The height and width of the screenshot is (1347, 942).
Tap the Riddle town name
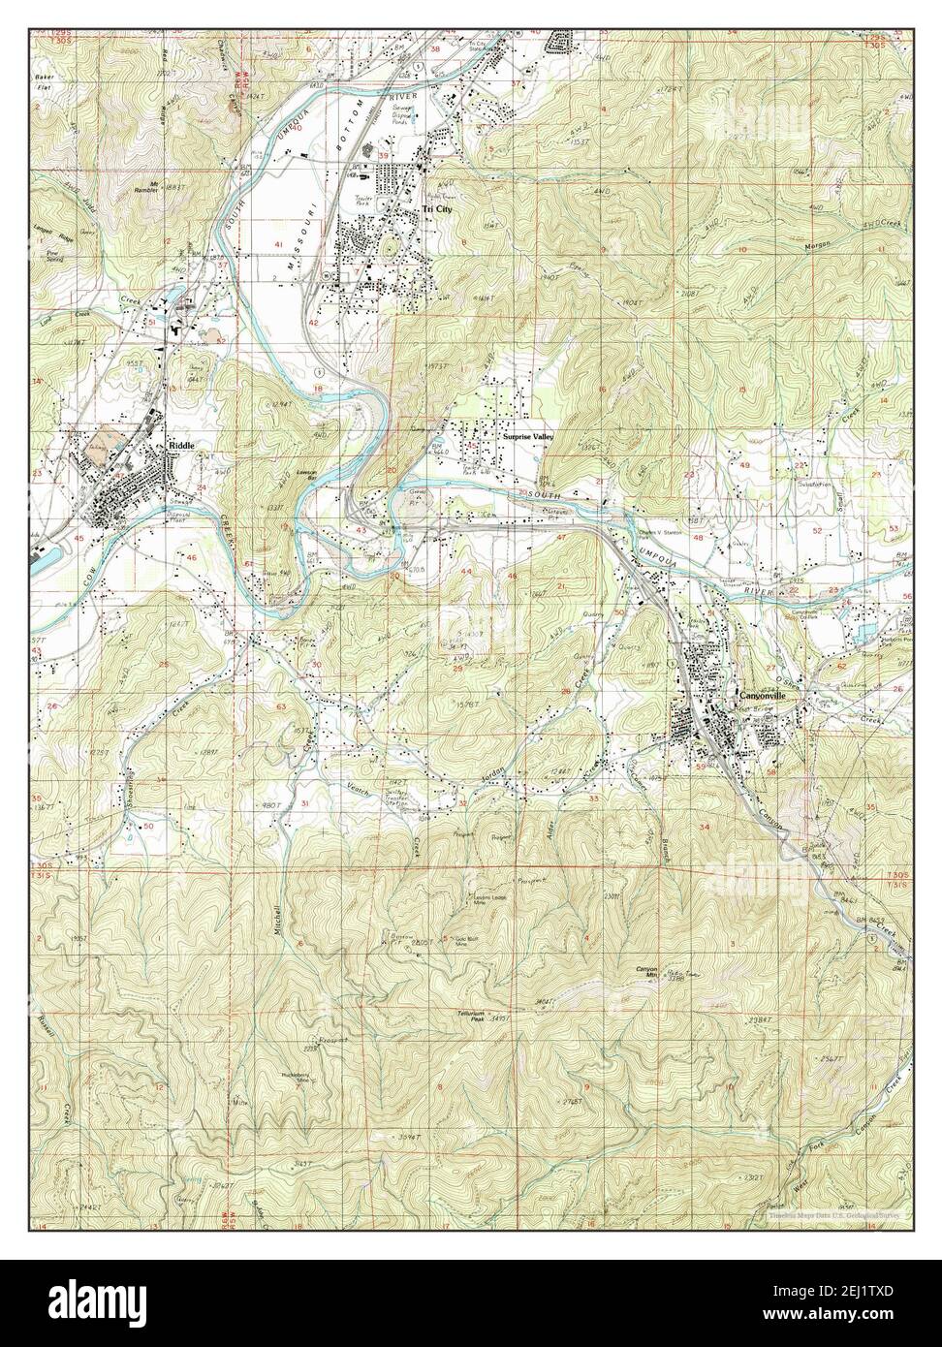[181, 446]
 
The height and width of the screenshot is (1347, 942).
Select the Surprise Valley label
[527, 438]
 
